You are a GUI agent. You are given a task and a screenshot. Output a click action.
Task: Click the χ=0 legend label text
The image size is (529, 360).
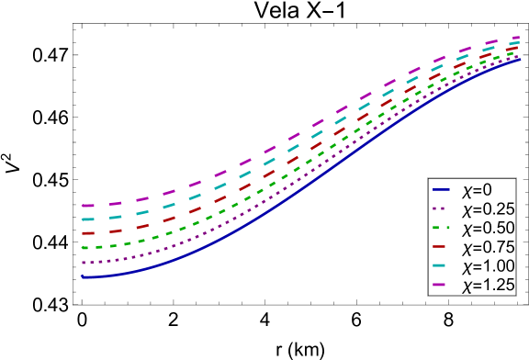point(477,190)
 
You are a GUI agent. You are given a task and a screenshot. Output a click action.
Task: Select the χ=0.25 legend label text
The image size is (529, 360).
point(488,209)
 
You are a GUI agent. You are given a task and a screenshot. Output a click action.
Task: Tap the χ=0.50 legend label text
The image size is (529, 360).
point(488,229)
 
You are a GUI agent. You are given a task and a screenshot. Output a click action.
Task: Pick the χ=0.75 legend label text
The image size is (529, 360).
point(488,248)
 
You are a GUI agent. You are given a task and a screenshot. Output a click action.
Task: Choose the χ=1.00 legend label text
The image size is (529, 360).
point(488,267)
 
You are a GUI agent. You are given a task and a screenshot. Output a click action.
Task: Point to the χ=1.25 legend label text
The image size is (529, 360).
point(488,287)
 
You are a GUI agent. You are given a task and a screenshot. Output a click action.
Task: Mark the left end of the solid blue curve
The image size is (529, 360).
point(82,276)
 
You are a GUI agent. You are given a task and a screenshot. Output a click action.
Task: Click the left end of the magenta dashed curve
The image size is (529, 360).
point(82,205)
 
